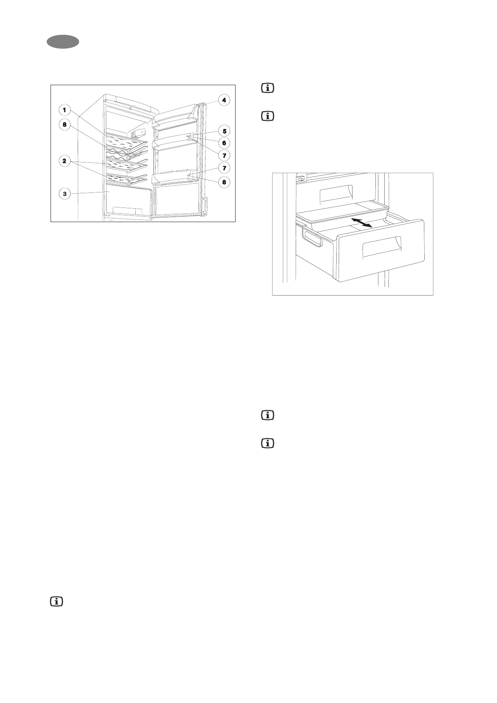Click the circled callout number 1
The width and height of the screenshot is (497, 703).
coord(64,110)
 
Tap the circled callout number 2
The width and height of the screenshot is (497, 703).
coord(64,161)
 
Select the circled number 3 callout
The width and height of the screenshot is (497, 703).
coord(64,193)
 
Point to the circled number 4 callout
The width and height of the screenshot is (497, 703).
coord(224,100)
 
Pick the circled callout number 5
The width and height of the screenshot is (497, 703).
coord(224,131)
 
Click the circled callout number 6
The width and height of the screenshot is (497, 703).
coord(224,143)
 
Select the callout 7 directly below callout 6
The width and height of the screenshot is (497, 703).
coord(224,155)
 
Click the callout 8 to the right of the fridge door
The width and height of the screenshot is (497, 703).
coord(224,182)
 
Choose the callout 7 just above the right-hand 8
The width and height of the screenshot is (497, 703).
coord(224,168)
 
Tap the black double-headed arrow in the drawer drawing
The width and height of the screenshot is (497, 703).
coord(362,222)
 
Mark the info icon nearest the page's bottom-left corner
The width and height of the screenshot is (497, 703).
coord(56,602)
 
